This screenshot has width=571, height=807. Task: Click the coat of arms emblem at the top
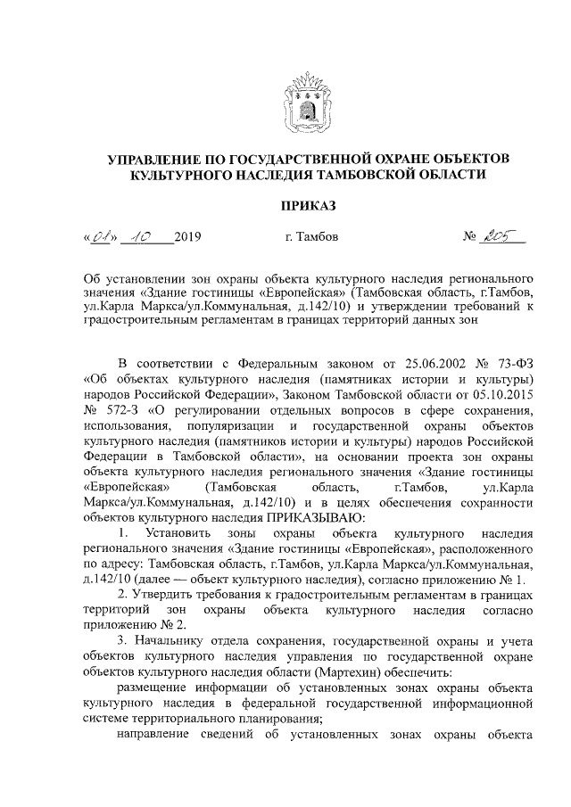[x=307, y=103]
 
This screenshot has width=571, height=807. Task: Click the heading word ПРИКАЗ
[x=308, y=206]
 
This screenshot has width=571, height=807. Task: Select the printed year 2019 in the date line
[x=189, y=237]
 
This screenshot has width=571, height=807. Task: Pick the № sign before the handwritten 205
[x=472, y=237]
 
